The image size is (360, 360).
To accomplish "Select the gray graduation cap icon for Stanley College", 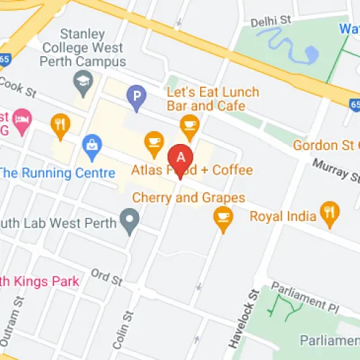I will pyautogui.click(x=83, y=79).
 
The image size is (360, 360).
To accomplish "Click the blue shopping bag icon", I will pyautogui.click(x=92, y=145).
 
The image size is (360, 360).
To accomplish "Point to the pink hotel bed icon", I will pyautogui.click(x=22, y=121).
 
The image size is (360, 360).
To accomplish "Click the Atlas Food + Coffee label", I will pyautogui.click(x=192, y=171).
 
